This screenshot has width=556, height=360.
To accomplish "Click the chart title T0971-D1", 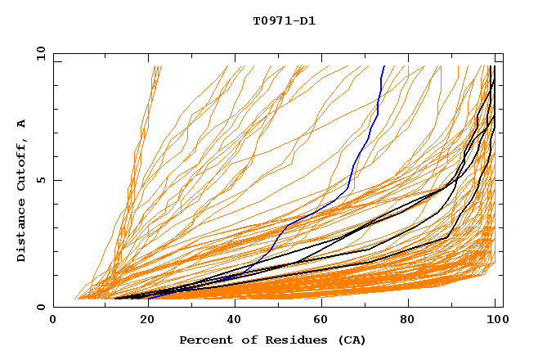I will click(284, 20).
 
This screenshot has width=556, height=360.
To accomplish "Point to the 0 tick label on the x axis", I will click(53, 321).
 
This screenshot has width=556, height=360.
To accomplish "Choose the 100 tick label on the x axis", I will click(496, 321).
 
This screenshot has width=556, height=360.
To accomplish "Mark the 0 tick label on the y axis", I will click(41, 307).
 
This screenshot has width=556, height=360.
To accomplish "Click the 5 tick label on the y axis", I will click(41, 180).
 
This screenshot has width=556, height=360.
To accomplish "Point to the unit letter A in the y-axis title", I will click(21, 124).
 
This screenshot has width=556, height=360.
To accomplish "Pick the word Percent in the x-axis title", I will click(205, 340).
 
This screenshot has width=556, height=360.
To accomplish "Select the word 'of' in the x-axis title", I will click(244, 340).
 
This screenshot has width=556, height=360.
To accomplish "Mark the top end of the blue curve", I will click(384, 66).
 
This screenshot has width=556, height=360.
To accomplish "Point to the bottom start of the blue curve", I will click(150, 299).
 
